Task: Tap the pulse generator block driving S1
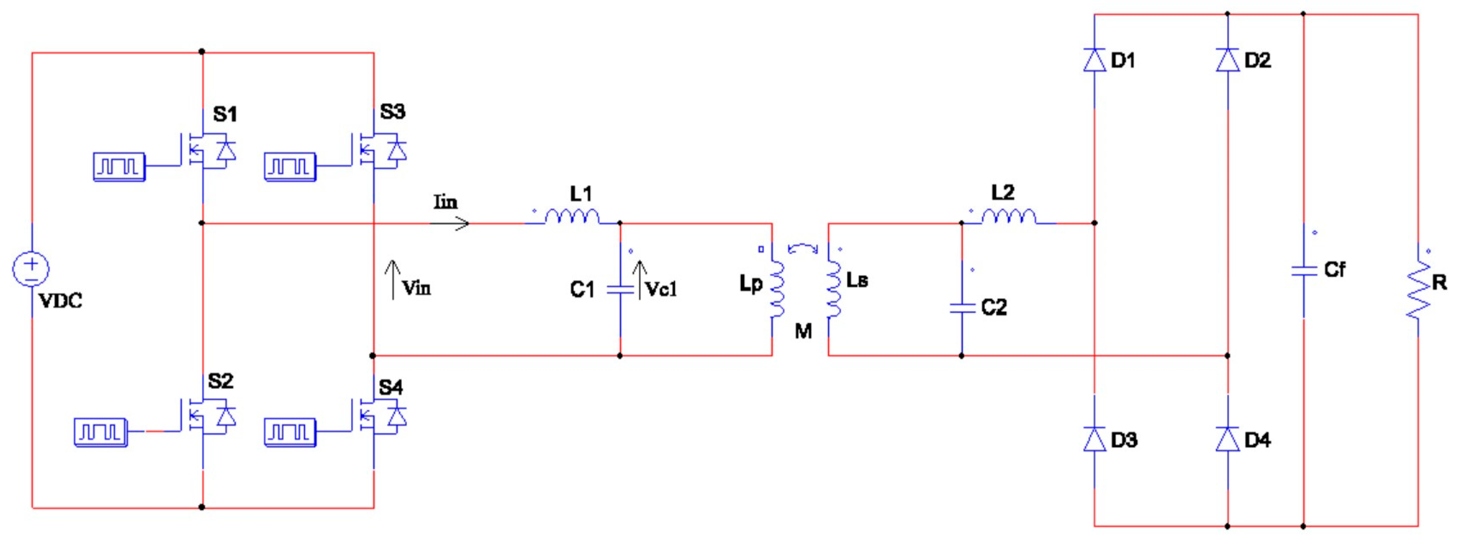pos(119,167)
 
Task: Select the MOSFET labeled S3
pos(376,150)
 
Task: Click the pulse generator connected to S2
pos(100,432)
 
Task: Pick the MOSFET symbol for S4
pos(376,417)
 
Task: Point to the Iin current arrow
pos(450,224)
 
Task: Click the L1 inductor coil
pos(572,216)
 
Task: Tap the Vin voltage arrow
pos(393,279)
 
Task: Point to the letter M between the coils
pos(803,331)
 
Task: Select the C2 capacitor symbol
pos(962,308)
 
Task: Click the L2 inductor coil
pos(1008,216)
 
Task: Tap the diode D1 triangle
pos(1095,60)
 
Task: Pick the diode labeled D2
pos(1228,60)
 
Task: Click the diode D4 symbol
pos(1228,439)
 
